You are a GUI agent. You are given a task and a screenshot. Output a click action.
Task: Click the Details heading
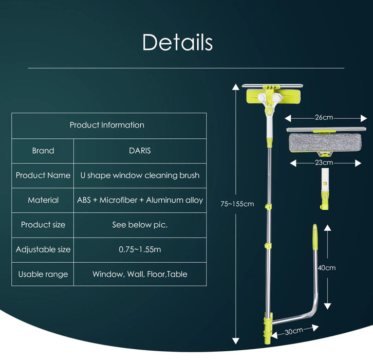point(177,42)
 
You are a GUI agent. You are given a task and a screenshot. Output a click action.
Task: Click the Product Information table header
point(107,125)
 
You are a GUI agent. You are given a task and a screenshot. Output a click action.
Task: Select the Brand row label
point(43,151)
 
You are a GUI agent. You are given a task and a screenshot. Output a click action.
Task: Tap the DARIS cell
point(140,151)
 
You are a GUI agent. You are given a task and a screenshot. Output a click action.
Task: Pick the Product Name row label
point(43,175)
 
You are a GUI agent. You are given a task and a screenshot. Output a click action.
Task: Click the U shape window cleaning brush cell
point(140,175)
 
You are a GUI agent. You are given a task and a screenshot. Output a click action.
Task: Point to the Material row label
point(43,200)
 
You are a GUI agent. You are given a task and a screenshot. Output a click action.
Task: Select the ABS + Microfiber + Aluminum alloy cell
point(140,200)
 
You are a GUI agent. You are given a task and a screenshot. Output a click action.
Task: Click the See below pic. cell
point(140,225)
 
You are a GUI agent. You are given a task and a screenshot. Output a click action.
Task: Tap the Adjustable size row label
point(43,249)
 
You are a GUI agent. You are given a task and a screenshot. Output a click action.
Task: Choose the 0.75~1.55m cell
point(140,249)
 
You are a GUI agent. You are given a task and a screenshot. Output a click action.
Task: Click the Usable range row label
point(43,274)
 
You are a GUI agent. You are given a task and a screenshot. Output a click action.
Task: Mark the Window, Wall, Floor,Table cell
point(140,274)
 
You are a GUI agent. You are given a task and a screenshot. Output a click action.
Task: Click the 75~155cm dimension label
point(237,204)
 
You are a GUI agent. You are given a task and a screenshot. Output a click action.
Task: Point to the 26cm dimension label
point(324,117)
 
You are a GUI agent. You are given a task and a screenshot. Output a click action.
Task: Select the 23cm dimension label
point(324,163)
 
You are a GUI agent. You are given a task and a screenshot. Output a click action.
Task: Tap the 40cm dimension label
point(327,268)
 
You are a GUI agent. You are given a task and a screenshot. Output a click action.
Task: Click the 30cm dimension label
point(293,332)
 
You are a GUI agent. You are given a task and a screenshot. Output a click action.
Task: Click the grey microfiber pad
point(325,142)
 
